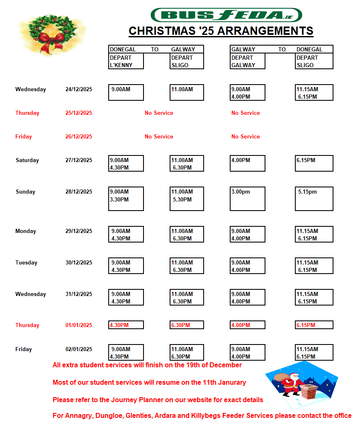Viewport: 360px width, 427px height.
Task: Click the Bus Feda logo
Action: pyautogui.click(x=226, y=15)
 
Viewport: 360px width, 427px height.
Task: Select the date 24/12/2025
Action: pyautogui.click(x=79, y=90)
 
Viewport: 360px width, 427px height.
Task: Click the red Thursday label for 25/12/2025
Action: pyautogui.click(x=27, y=113)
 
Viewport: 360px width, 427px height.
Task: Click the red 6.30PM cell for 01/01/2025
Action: pyautogui.click(x=187, y=325)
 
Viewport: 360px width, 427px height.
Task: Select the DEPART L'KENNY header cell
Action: pyautogui.click(x=126, y=61)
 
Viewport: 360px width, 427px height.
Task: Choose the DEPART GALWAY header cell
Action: pyautogui.click(x=248, y=61)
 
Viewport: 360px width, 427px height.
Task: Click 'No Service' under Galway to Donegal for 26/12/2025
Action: pyautogui.click(x=246, y=137)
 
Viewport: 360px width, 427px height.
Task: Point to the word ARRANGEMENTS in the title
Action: pyautogui.click(x=265, y=31)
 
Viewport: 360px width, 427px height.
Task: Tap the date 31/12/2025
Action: pyautogui.click(x=79, y=294)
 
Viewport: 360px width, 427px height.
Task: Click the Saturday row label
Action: pyautogui.click(x=27, y=160)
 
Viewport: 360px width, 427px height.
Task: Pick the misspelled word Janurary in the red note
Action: pyautogui.click(x=231, y=383)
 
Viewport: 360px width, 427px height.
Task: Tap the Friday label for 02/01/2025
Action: pyautogui.click(x=24, y=349)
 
